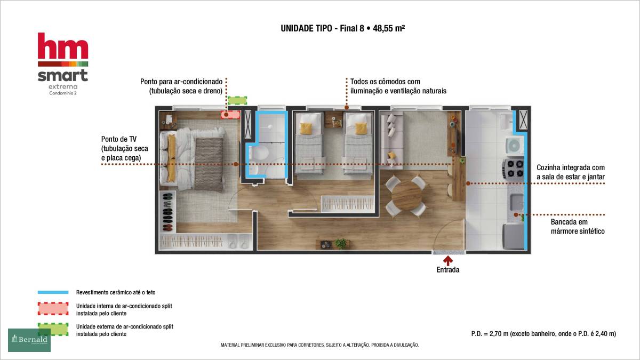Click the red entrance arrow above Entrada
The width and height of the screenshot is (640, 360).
pyautogui.click(x=447, y=261)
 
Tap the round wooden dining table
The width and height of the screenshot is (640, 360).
pyautogui.click(x=406, y=196)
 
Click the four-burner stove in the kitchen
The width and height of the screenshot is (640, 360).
pyautogui.click(x=514, y=169)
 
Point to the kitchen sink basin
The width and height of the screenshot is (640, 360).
pyautogui.click(x=517, y=202)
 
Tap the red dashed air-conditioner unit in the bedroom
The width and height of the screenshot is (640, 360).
pyautogui.click(x=230, y=115)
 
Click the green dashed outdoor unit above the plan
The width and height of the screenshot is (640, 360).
pyautogui.click(x=237, y=100)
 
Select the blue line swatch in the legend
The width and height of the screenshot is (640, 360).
pyautogui.click(x=53, y=292)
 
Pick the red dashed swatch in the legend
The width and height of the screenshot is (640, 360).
pyautogui.click(x=53, y=309)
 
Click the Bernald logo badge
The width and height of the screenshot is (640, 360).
pyautogui.click(x=29, y=340)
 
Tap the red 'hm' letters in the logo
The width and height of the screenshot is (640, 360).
pyautogui.click(x=63, y=46)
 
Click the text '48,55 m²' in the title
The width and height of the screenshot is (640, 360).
pyautogui.click(x=389, y=28)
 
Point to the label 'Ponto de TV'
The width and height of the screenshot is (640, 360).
pyautogui.click(x=119, y=139)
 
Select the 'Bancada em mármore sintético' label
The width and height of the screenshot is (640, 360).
pyautogui.click(x=578, y=227)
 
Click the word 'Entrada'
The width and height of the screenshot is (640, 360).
pyautogui.click(x=447, y=270)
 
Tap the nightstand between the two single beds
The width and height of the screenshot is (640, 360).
pyautogui.click(x=333, y=119)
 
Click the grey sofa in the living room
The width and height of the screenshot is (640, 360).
pyautogui.click(x=391, y=140)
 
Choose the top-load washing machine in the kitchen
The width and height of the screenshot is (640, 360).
pyautogui.click(x=515, y=146)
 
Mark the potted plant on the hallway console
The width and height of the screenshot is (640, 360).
pyautogui.click(x=340, y=243)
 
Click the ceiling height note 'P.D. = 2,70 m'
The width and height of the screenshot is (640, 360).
pyautogui.click(x=490, y=334)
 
